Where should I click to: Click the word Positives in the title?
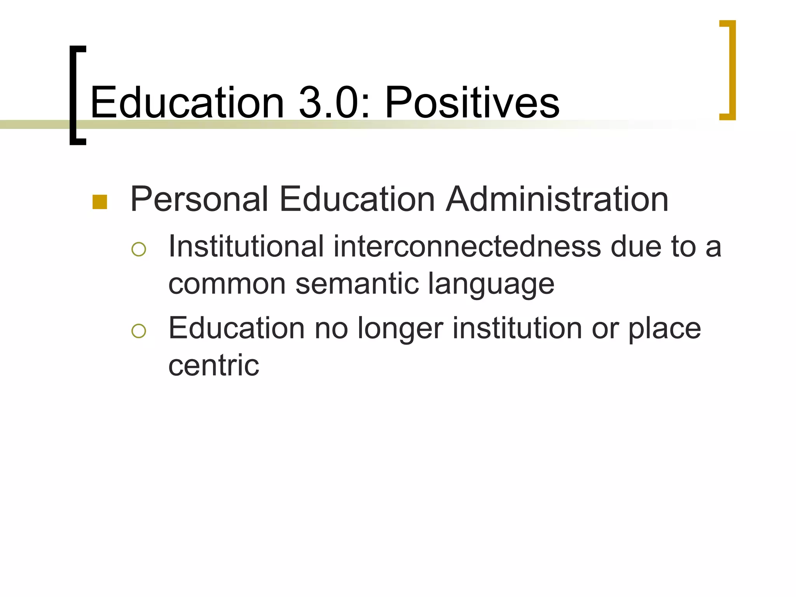pos(472,103)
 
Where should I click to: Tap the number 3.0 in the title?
pos(328,103)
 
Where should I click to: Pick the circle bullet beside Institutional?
pos(139,249)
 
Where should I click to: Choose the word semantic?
pos(357,284)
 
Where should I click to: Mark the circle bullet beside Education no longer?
pos(139,331)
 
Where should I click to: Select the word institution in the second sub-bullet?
pos(517,328)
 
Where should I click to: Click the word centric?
pos(214,365)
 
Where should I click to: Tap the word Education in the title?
pos(187,103)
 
